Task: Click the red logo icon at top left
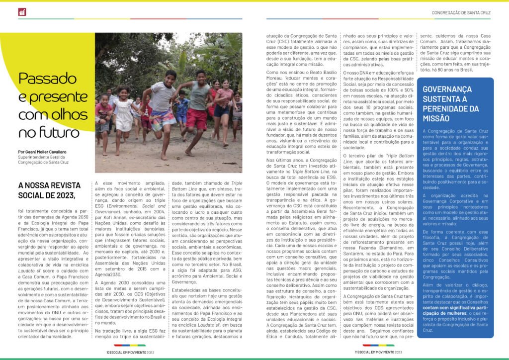tap(22, 12)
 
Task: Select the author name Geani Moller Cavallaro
tap(53, 151)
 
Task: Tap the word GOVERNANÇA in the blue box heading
tap(447, 89)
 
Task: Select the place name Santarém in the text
tap(355, 253)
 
